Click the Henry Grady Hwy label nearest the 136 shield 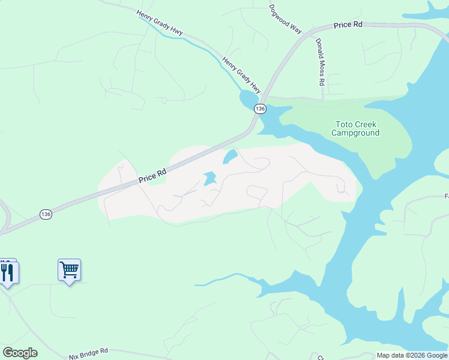(x=242, y=74)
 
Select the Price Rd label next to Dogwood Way (x=348, y=25)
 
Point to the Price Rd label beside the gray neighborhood (x=152, y=175)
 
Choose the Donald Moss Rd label (x=320, y=62)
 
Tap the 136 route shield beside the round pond (x=259, y=109)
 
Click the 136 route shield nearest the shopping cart (x=46, y=214)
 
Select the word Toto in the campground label (x=342, y=124)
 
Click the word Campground (x=355, y=133)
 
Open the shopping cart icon (x=69, y=270)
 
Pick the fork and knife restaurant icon (x=7, y=272)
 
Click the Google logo (x=20, y=353)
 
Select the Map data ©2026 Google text (x=412, y=355)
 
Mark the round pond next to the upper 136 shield (x=248, y=99)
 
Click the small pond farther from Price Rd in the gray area (x=209, y=179)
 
